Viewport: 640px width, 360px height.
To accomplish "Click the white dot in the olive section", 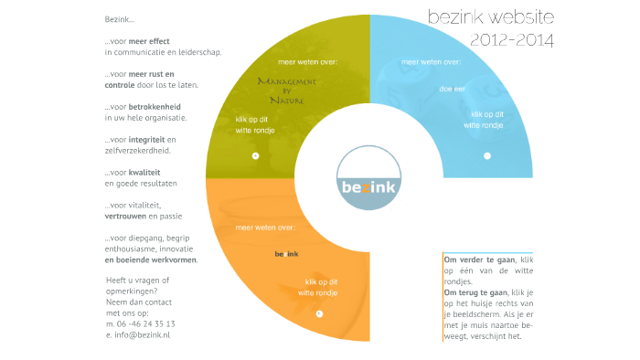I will [255, 156].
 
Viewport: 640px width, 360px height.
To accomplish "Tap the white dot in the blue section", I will [487, 156].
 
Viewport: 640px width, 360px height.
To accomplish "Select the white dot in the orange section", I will [319, 313].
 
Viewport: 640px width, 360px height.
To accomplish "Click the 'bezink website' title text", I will [490, 17].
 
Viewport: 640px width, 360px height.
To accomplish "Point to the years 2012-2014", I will [511, 39].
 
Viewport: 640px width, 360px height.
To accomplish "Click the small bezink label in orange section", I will [287, 253].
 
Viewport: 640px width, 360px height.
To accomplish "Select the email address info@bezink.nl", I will [143, 335].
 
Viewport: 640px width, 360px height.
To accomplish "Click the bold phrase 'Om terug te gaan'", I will [475, 292].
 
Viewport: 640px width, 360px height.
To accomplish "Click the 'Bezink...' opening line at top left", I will [120, 19].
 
